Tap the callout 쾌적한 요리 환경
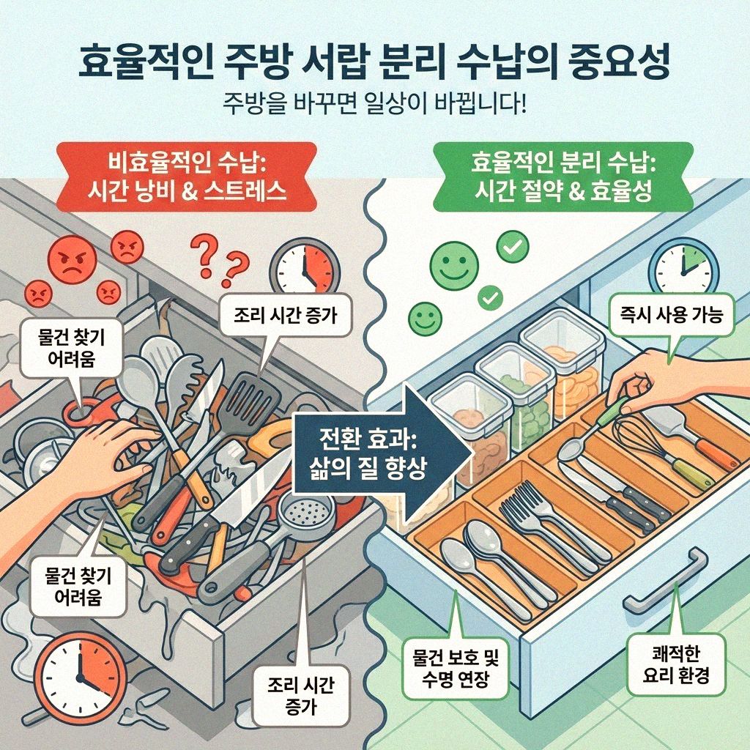[x=675, y=664]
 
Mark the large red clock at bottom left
[x=71, y=678]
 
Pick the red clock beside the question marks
[x=305, y=265]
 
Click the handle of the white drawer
[x=664, y=582]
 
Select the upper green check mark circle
[x=512, y=248]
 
